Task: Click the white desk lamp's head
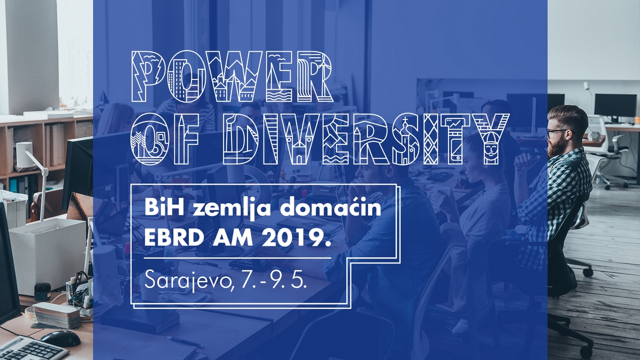coord(23,154)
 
